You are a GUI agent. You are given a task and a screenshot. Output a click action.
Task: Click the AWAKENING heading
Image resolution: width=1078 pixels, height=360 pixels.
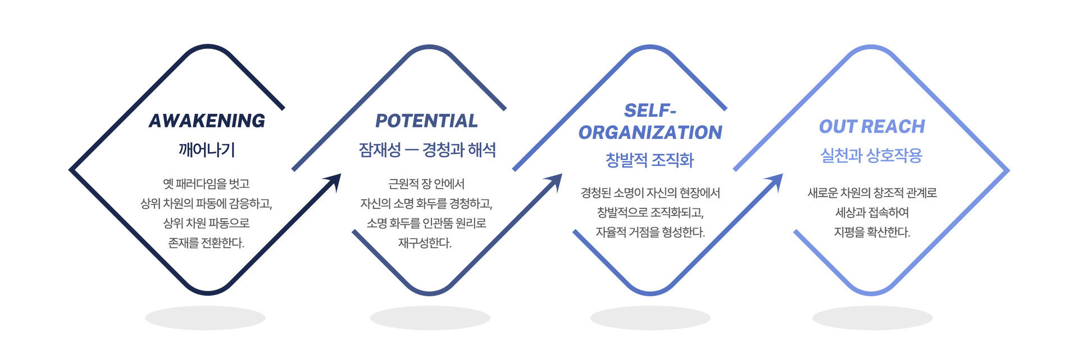tap(207, 121)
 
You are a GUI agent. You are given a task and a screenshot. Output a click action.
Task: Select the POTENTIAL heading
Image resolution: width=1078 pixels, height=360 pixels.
tap(426, 121)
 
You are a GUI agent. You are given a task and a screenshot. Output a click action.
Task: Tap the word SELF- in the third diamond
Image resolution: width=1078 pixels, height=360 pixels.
tap(650, 111)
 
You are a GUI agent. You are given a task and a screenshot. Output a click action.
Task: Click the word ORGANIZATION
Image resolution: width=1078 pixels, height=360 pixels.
tap(650, 133)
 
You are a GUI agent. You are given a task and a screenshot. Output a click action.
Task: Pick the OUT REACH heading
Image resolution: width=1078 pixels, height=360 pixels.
tap(871, 127)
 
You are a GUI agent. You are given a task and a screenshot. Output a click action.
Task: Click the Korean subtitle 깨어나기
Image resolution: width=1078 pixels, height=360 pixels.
tap(207, 150)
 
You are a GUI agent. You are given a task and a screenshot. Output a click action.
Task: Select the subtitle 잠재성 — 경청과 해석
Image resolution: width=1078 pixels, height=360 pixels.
tap(427, 150)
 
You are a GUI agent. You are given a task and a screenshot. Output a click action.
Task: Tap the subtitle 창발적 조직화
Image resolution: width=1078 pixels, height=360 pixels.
tap(650, 161)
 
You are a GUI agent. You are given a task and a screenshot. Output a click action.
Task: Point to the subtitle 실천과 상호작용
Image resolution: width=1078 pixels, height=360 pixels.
tap(871, 156)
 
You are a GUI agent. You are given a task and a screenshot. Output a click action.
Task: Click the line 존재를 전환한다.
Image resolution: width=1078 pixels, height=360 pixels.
tap(206, 243)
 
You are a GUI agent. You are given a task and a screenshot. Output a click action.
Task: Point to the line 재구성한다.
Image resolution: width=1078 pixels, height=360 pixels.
tap(425, 243)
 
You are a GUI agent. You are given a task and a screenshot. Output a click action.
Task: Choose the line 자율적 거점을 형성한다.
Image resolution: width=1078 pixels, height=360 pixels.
tap(650, 233)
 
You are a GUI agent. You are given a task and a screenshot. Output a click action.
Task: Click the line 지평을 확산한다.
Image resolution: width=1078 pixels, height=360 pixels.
tap(872, 233)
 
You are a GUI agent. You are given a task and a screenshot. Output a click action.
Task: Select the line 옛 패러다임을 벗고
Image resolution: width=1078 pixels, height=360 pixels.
tap(206, 184)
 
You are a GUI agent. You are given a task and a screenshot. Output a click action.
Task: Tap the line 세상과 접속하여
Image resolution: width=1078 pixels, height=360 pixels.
tap(872, 213)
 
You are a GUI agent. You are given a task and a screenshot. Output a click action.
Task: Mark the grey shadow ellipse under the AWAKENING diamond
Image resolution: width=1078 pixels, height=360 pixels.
tap(205, 318)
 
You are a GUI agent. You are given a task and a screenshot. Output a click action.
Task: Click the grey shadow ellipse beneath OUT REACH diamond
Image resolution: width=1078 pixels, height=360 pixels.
tap(872, 318)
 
